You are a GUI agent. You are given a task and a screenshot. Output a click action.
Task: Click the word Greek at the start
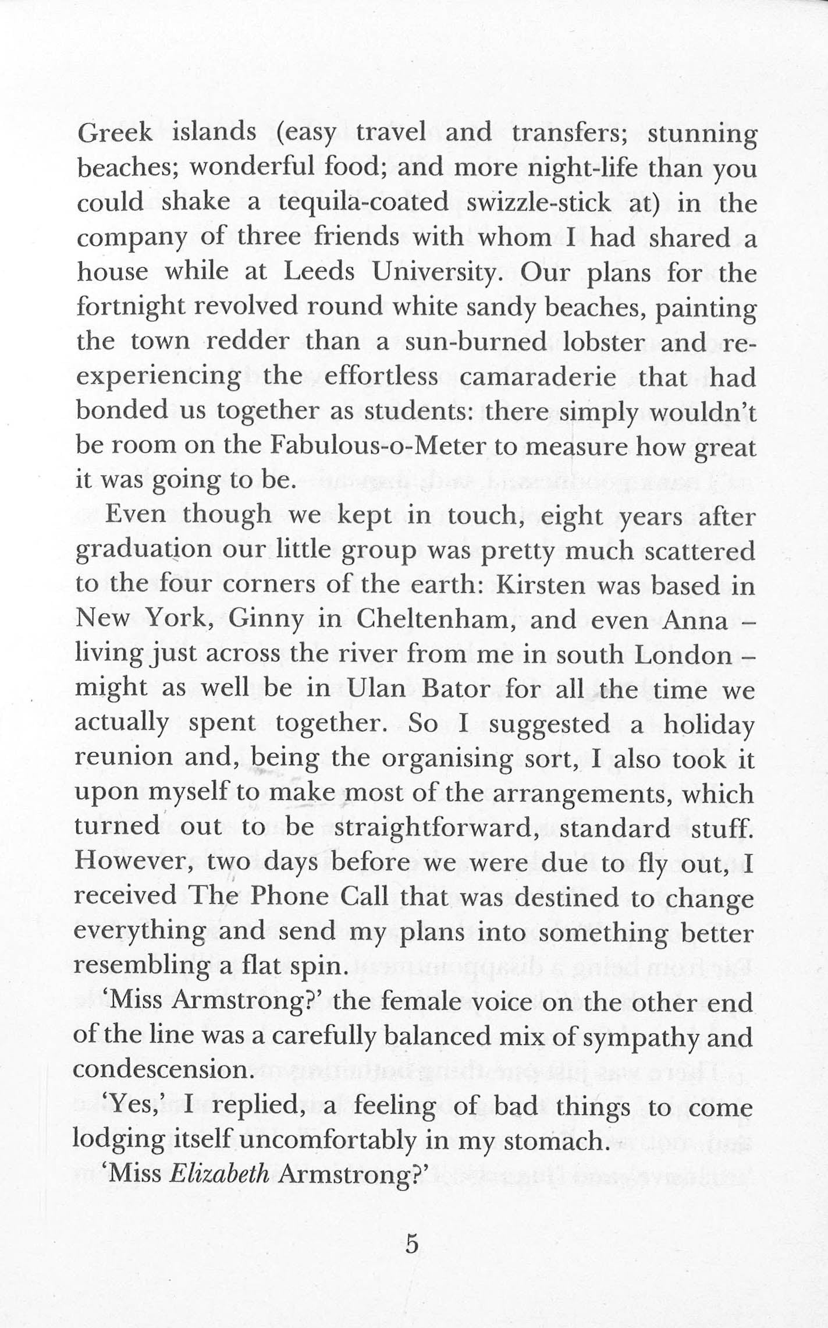tap(115, 133)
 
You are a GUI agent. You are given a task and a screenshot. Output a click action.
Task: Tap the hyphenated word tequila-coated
tap(364, 203)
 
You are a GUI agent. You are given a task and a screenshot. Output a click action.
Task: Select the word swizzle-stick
tap(539, 203)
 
